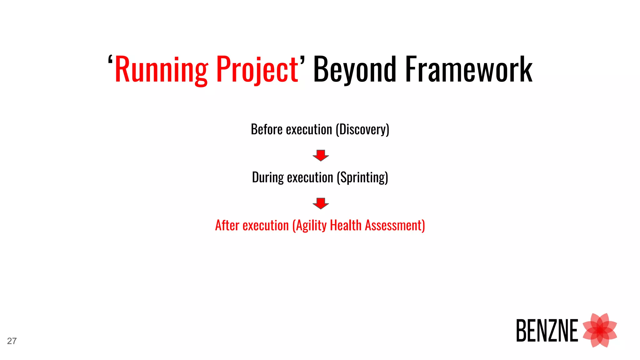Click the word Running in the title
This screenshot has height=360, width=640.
pos(161,69)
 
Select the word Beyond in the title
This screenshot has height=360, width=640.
pos(355,69)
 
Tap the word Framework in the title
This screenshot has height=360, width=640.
pos(468,69)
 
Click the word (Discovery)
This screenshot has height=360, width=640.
pos(362,129)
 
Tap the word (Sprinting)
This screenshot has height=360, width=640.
pos(362,177)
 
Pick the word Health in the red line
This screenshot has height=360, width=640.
pos(346,225)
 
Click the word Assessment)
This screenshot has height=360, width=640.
pos(395,225)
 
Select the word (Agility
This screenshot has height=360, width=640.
pos(309,225)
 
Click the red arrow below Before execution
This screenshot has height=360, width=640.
pos(321,155)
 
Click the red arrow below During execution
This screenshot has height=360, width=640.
pos(321,203)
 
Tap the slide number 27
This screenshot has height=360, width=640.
pos(12,341)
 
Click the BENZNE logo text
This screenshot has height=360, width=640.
pos(547,331)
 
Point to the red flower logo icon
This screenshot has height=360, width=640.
pos(600,330)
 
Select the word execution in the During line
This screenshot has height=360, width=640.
pos(310,177)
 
